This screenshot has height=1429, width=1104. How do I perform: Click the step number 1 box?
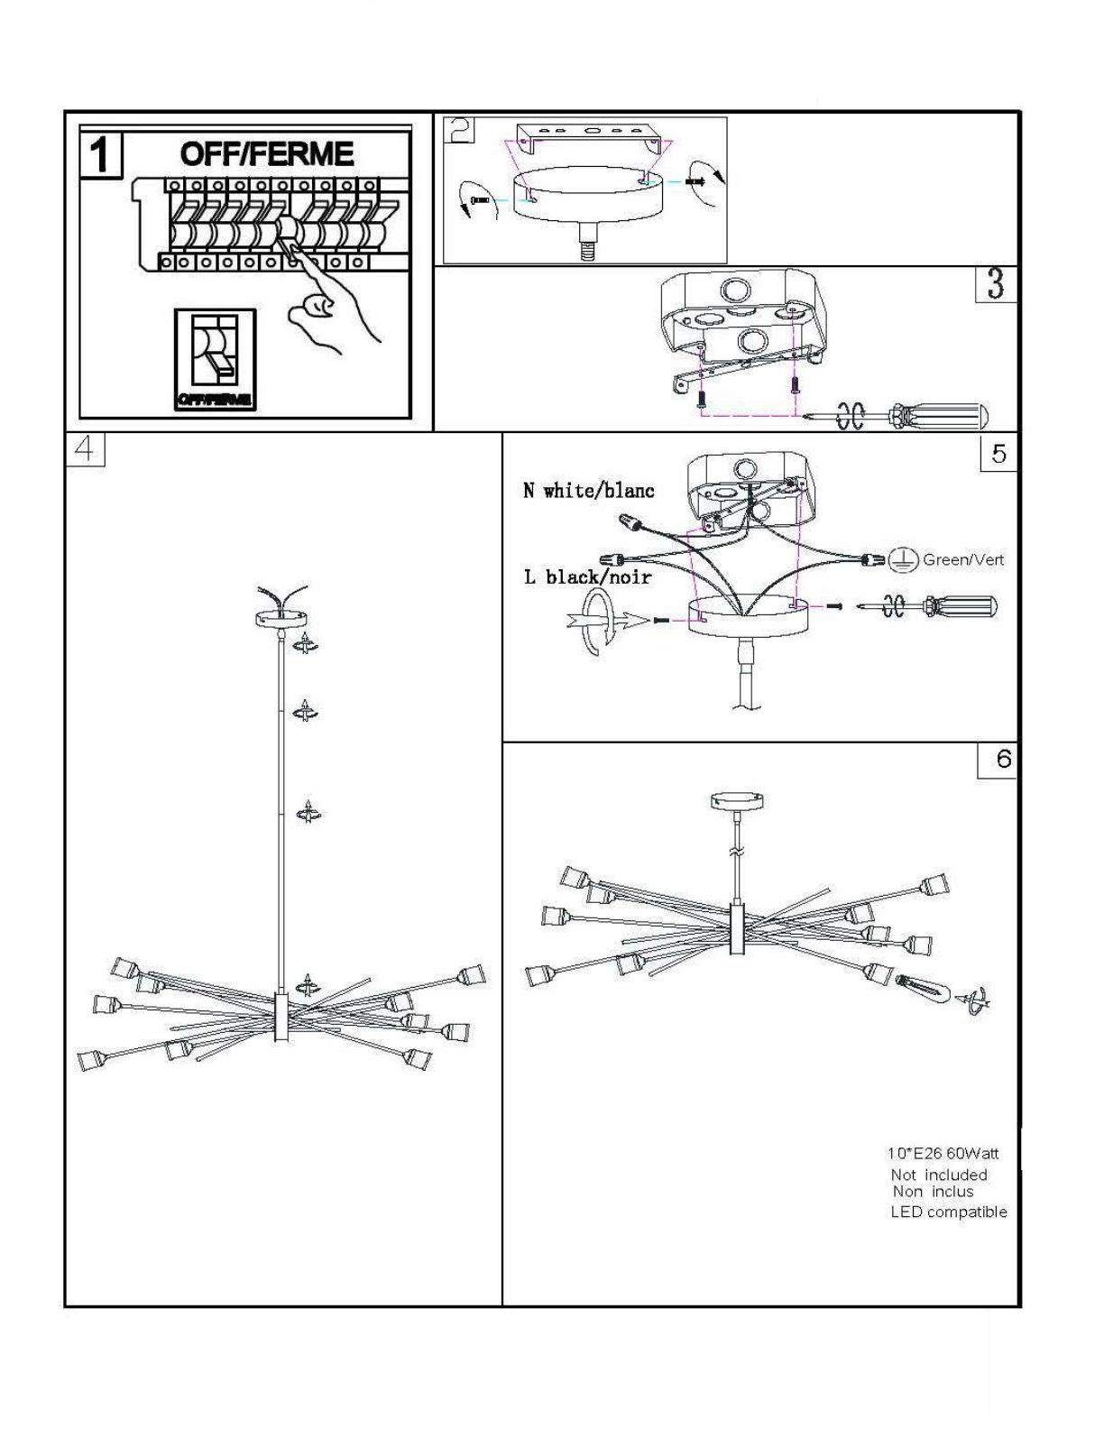tap(101, 155)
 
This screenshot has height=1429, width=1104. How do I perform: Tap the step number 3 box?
tap(995, 284)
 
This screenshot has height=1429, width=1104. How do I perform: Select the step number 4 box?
tap(85, 449)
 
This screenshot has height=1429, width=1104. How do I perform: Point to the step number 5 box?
tap(998, 453)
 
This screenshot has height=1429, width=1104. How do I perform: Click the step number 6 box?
tap(998, 760)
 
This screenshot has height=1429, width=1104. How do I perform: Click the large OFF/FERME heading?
tap(266, 154)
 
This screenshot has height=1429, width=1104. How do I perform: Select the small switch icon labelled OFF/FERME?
tap(215, 359)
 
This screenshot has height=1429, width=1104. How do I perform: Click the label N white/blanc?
tap(588, 491)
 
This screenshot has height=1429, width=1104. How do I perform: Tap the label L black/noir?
tap(587, 576)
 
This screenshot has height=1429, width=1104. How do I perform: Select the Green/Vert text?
tap(962, 559)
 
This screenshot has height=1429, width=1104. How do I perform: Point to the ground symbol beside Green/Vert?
tap(903, 560)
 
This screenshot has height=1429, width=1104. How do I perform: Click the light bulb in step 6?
tap(923, 990)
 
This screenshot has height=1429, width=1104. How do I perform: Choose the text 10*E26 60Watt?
tap(943, 1153)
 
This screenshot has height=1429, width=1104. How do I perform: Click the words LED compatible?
tap(948, 1212)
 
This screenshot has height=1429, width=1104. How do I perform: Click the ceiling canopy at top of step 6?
tap(737, 799)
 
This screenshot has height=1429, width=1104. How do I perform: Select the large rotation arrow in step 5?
tap(595, 621)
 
